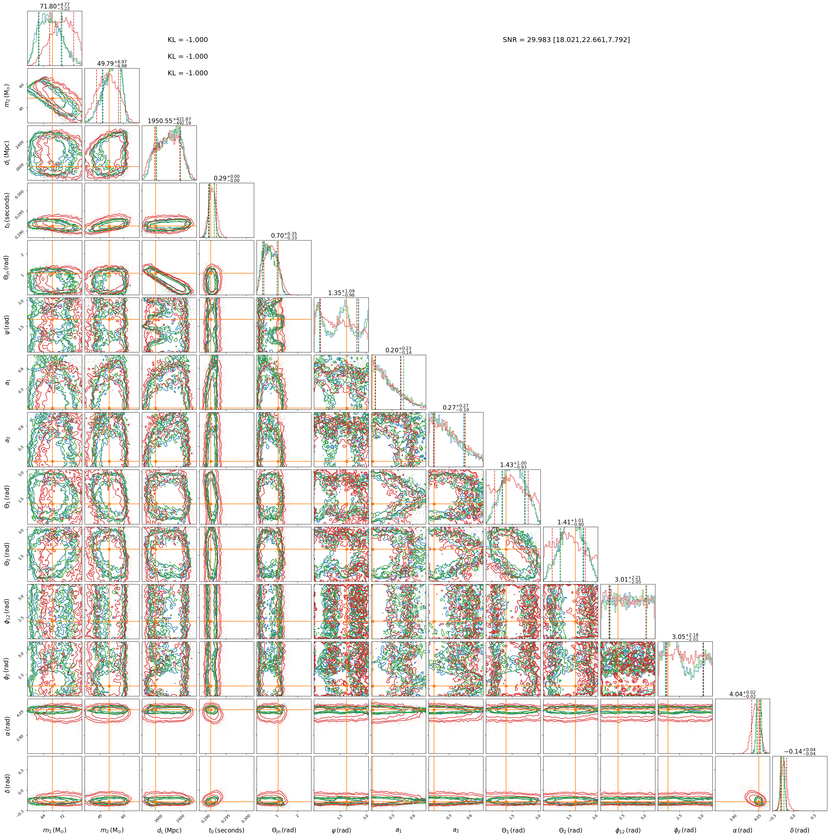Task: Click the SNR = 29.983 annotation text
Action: (x=566, y=40)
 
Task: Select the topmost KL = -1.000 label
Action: (x=188, y=40)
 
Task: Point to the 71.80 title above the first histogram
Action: (x=55, y=7)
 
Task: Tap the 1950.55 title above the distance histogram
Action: (x=169, y=121)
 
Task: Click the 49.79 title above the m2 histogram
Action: (x=112, y=64)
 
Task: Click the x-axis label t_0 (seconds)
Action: (x=226, y=830)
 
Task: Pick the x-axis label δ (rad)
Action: (x=800, y=830)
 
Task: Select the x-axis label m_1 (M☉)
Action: (x=55, y=830)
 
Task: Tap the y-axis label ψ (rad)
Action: (x=7, y=325)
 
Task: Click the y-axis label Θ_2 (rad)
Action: (x=7, y=554)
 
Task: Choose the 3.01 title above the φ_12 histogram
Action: (x=628, y=580)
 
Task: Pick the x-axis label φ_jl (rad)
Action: (x=685, y=830)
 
